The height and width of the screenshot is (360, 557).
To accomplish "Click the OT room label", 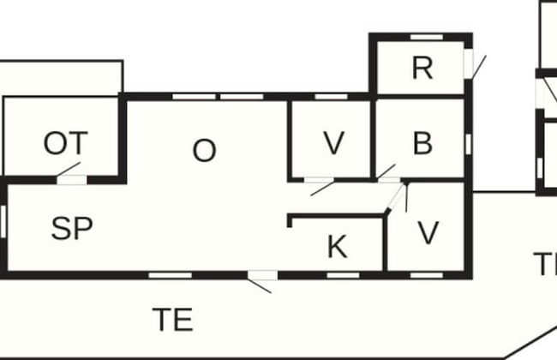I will coord(65,143).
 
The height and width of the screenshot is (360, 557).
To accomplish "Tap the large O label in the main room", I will coord(204,151).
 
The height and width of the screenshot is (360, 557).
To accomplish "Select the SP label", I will coord(72,229).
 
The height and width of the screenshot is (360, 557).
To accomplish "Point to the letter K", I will coord(337,248).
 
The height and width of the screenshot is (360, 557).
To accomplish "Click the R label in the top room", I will coord(422,68).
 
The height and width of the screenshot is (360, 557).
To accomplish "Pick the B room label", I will coord(422,143).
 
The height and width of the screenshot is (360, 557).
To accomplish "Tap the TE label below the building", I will coord(172,320).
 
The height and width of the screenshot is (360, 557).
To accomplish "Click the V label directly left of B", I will coord(333,144).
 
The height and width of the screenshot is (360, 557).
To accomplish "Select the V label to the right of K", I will coord(428,231).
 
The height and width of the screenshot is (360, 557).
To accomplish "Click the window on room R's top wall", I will coord(426,36).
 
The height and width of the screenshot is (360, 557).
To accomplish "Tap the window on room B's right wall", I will coord(468,144).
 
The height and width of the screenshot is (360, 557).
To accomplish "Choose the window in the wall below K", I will coord(342,275).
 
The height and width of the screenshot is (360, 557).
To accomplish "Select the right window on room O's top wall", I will coord(241,96).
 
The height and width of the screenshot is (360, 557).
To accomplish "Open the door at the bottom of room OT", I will coord(72,179).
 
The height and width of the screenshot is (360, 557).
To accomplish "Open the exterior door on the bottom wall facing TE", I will coord(262,276).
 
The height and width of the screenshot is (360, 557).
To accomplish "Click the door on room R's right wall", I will coord(469,63).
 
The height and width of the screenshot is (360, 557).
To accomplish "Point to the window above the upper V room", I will coord(332,97).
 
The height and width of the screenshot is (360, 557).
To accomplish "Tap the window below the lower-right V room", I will coord(426,275).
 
